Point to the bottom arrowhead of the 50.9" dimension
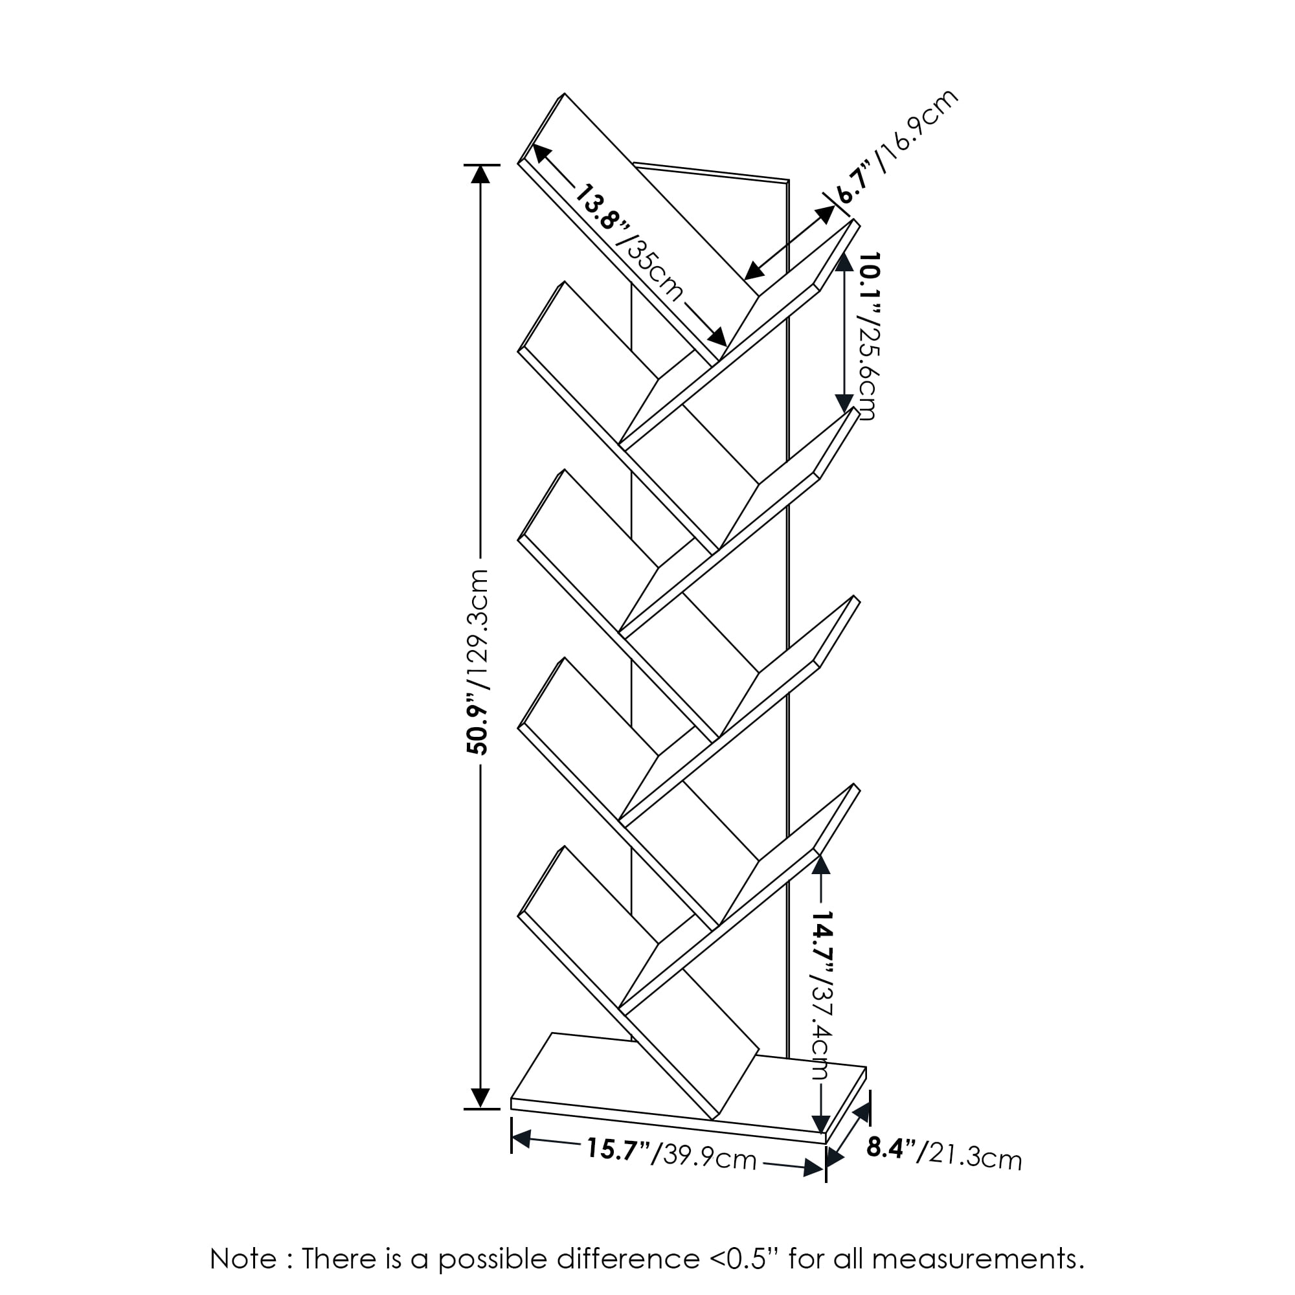tap(480, 1098)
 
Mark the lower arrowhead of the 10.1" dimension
tap(844, 403)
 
